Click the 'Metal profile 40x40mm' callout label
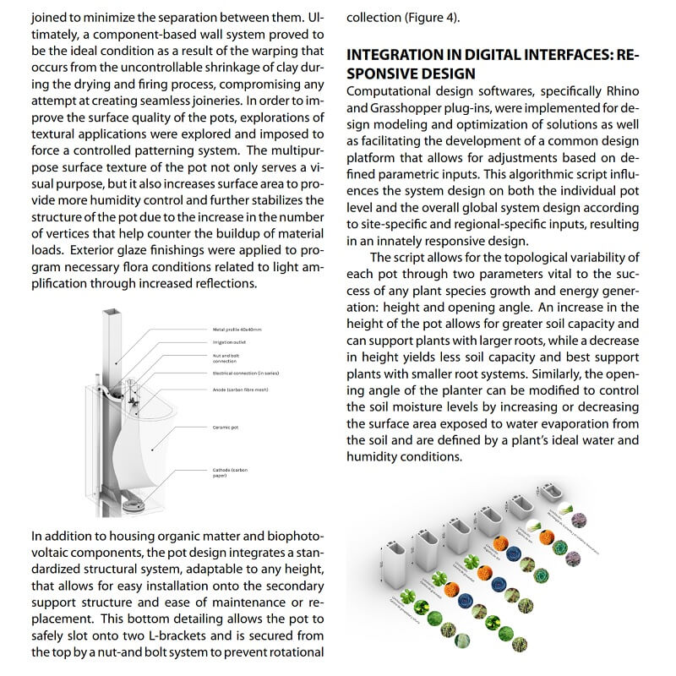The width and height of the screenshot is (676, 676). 237,329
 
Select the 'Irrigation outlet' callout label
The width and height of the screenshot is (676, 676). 229,342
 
